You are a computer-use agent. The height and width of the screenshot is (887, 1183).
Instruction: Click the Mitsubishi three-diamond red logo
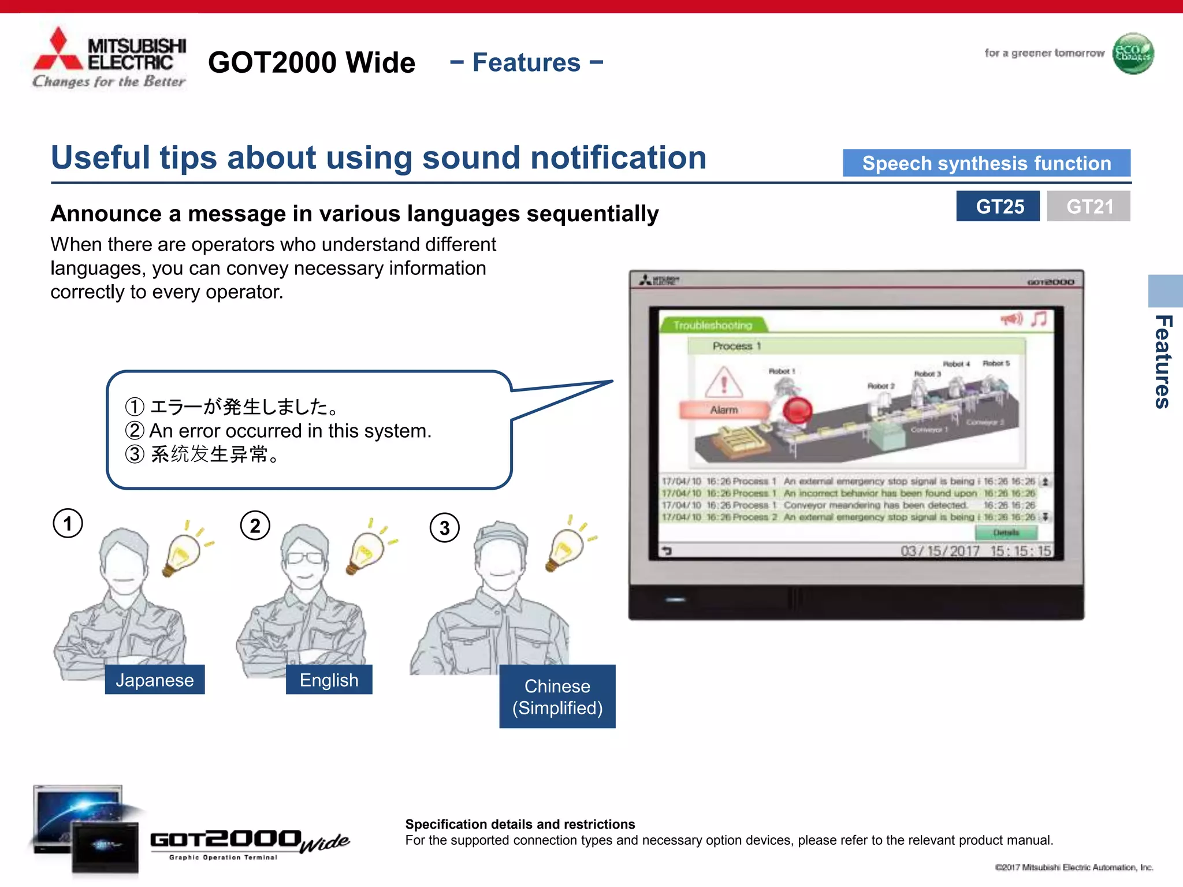point(58,51)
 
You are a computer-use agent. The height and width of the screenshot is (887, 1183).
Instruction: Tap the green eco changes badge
point(1133,53)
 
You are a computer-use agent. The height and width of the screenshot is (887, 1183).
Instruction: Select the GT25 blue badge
point(998,206)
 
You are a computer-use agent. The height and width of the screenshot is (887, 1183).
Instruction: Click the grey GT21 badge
point(1088,206)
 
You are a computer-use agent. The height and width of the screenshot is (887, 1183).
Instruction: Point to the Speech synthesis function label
point(986,163)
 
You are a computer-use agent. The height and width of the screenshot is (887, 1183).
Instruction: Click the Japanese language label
point(154,680)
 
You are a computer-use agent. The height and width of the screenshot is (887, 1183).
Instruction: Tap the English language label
point(329,680)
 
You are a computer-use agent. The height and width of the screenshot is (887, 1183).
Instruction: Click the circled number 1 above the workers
point(68,524)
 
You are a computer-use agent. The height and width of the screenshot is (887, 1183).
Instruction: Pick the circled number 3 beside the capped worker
point(444,528)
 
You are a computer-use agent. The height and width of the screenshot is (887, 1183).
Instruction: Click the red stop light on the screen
point(798,411)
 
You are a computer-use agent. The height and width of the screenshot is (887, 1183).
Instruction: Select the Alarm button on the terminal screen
point(724,409)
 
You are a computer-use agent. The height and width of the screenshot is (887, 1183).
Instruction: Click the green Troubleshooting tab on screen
point(713,325)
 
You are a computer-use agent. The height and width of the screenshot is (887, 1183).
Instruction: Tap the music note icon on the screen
point(1039,319)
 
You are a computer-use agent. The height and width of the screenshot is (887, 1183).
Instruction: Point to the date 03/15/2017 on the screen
point(940,551)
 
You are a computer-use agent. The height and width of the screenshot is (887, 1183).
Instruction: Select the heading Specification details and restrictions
point(520,824)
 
